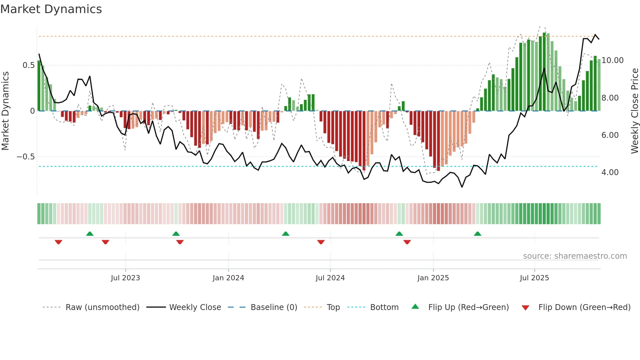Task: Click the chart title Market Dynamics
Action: tap(51, 9)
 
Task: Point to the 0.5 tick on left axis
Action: tap(28, 65)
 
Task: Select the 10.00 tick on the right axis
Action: tap(612, 60)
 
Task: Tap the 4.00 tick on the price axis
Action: tap(610, 172)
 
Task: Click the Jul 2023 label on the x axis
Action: tap(125, 278)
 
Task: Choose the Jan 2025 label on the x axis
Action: tap(433, 278)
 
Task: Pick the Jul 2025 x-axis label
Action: tap(534, 278)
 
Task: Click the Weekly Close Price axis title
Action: tap(634, 111)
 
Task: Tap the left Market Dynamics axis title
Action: tap(6, 111)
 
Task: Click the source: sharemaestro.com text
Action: tap(575, 256)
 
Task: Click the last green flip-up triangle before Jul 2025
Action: tap(477, 234)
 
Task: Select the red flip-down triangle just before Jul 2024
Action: tap(321, 242)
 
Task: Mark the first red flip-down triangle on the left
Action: tap(58, 242)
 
